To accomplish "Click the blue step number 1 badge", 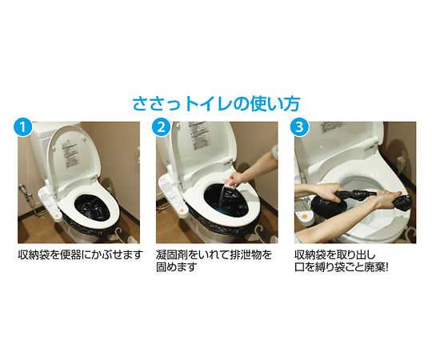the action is [x=23, y=127].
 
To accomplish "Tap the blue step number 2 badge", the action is [x=161, y=127].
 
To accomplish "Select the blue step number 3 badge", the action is [x=299, y=127].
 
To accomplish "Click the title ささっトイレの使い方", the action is [x=216, y=103].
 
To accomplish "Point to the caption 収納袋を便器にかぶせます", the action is [x=81, y=254].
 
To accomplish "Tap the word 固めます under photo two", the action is [x=177, y=267].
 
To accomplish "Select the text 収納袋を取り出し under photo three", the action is [x=335, y=254].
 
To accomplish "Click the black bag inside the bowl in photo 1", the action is [x=92, y=208].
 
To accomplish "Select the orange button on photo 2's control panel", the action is [x=182, y=210].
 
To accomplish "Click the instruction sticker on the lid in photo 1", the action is [x=70, y=154].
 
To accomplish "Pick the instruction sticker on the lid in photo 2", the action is [x=198, y=135].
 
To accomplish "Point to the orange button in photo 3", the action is [x=305, y=217].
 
